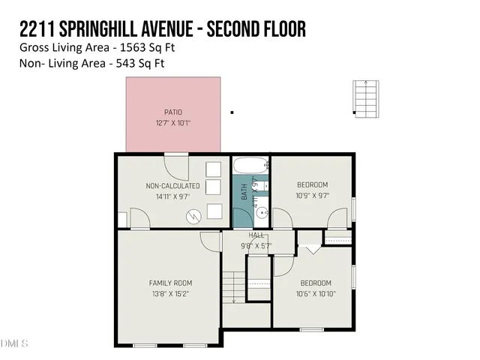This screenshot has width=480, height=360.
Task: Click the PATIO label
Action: pos(173,112)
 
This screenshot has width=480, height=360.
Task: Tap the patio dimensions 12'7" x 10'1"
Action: pos(173,122)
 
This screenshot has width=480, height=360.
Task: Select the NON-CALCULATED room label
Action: pos(172,185)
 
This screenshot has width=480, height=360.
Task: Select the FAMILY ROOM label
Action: pos(170,283)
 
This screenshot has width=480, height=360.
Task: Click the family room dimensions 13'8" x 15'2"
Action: pos(170,293)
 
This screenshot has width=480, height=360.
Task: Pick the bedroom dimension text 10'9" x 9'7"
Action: pos(312,195)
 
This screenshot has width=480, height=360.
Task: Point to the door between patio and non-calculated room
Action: pos(176,154)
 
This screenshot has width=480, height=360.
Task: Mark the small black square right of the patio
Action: pos(232,112)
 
